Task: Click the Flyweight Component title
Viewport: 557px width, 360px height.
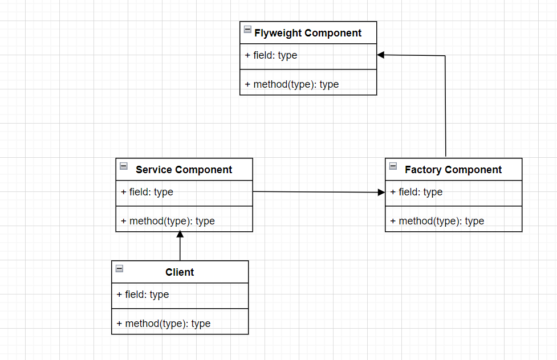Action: click(x=308, y=33)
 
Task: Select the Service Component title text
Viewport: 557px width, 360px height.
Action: click(x=184, y=170)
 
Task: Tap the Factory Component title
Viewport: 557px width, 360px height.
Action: click(x=453, y=170)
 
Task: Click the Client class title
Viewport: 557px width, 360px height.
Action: click(x=180, y=272)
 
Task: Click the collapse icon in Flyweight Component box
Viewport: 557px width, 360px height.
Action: click(x=247, y=30)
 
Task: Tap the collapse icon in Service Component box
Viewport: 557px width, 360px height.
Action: click(x=124, y=166)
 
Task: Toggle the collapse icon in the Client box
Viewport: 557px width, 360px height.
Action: click(x=119, y=269)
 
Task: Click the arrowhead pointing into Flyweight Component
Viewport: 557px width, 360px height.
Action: click(x=381, y=55)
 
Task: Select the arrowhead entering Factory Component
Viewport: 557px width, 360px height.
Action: click(x=381, y=193)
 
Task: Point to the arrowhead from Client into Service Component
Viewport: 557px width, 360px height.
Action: click(x=180, y=235)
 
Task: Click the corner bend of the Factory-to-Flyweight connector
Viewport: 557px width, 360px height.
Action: click(x=445, y=56)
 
